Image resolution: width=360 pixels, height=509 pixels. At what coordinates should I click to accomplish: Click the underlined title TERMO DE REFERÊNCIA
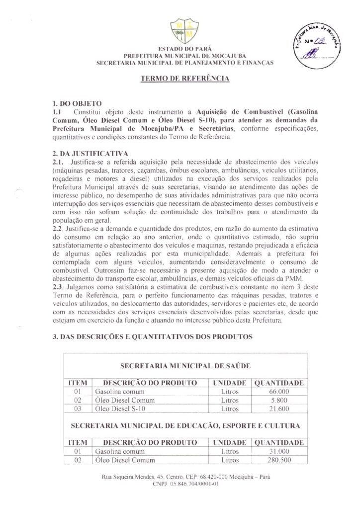coord(184,79)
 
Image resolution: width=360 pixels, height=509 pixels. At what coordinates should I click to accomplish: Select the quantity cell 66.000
coord(279,392)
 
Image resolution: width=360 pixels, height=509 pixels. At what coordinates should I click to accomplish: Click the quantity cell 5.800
coord(279,400)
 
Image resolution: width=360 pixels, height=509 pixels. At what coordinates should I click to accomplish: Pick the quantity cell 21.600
coord(279,409)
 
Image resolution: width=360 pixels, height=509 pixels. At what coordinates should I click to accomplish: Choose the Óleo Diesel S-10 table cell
coord(120,409)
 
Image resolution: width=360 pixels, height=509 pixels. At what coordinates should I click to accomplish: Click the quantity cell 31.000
coord(279,451)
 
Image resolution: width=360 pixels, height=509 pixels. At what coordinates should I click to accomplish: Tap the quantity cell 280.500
coord(279,460)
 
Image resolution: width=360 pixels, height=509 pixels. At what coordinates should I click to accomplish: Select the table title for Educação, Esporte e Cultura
coord(185,426)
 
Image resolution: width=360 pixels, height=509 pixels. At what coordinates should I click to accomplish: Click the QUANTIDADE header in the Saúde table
coord(279,383)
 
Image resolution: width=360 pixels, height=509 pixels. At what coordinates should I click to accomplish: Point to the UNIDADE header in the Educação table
coord(230,442)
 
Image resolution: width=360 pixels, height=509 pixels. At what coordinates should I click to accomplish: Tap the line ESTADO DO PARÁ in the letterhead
coord(184,49)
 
